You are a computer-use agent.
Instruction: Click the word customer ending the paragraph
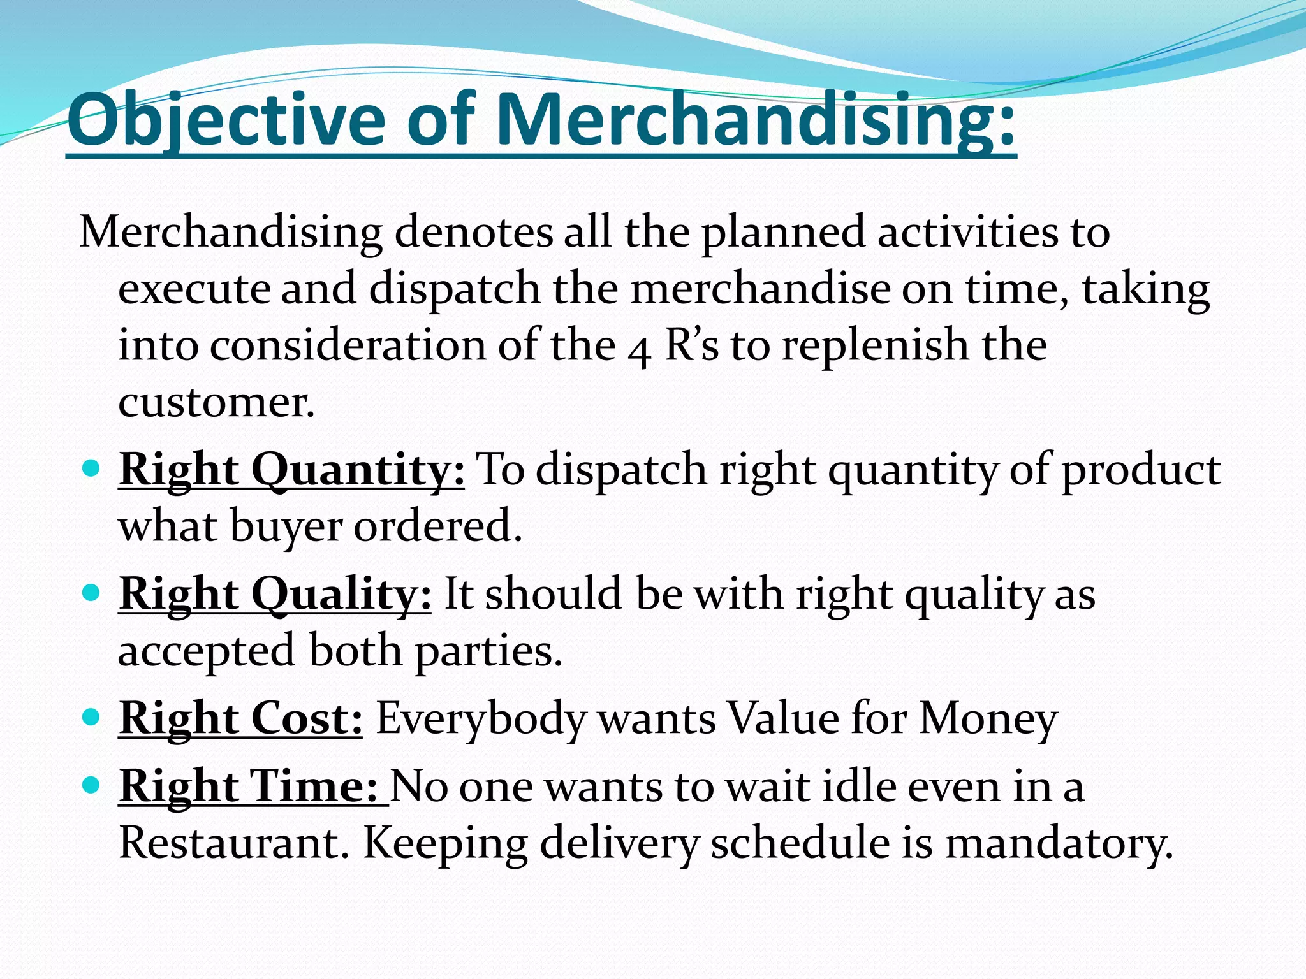(x=216, y=403)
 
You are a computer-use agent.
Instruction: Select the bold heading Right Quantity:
(x=291, y=470)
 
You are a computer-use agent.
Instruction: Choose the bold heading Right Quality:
(x=275, y=595)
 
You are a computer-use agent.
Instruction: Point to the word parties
(x=488, y=652)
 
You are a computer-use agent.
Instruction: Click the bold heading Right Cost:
(x=240, y=719)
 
